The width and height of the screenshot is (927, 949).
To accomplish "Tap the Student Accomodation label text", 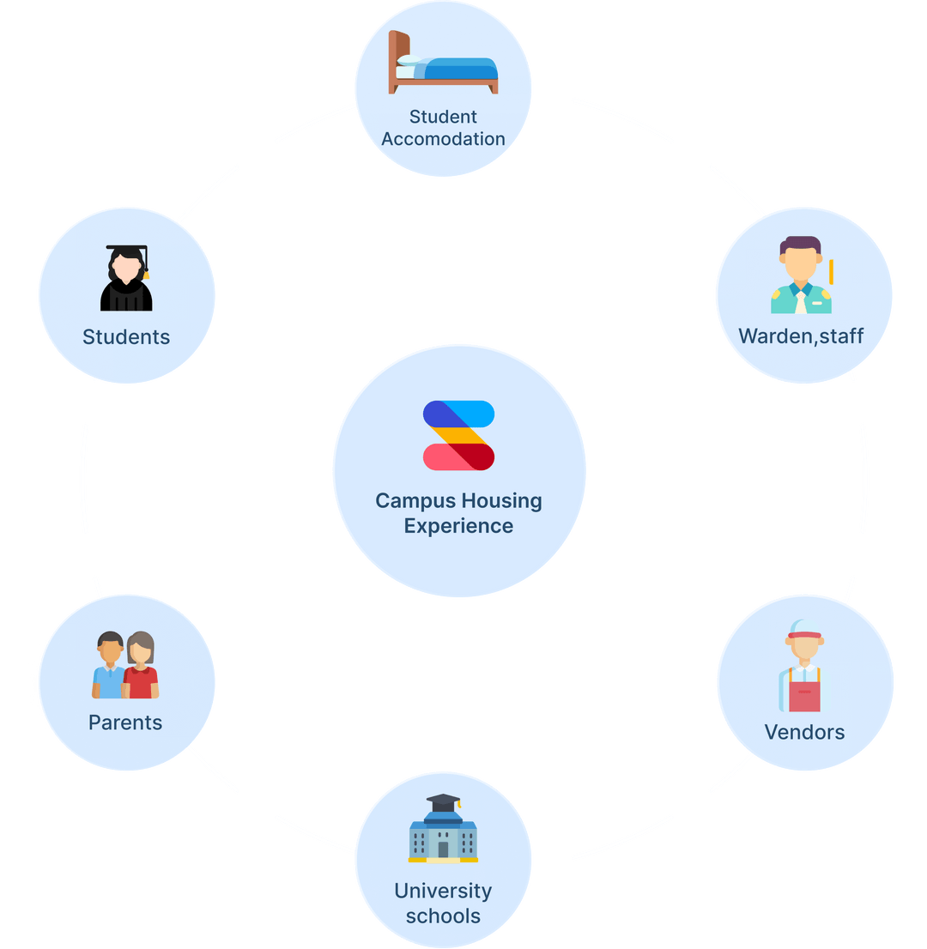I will pos(443,128).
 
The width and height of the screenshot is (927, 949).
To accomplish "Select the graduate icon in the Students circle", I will pos(126,278).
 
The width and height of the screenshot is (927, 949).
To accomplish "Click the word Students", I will pos(126,337).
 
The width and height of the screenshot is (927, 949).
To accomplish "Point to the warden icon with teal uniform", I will pos(801,275).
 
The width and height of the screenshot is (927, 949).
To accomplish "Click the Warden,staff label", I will pos(801,335).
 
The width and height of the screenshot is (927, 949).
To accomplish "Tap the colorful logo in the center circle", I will pos(458,435).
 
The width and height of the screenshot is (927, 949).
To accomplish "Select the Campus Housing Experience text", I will pos(458,513).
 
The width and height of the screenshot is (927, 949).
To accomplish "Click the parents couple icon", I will pos(125,665).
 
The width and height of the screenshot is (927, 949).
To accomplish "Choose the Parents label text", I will pos(125,722).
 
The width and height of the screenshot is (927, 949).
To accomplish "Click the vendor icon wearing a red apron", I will pos(804,666).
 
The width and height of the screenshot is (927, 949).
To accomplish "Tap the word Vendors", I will pos(804,732).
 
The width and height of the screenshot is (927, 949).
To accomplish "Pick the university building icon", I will pos(443,829).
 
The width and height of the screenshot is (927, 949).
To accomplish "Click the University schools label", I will pos(443,904).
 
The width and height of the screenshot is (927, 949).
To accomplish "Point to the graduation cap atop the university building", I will pos(443,803).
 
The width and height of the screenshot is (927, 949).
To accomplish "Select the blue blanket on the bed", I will pos(460,70).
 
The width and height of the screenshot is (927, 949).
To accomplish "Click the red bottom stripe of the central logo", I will pos(458,457).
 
